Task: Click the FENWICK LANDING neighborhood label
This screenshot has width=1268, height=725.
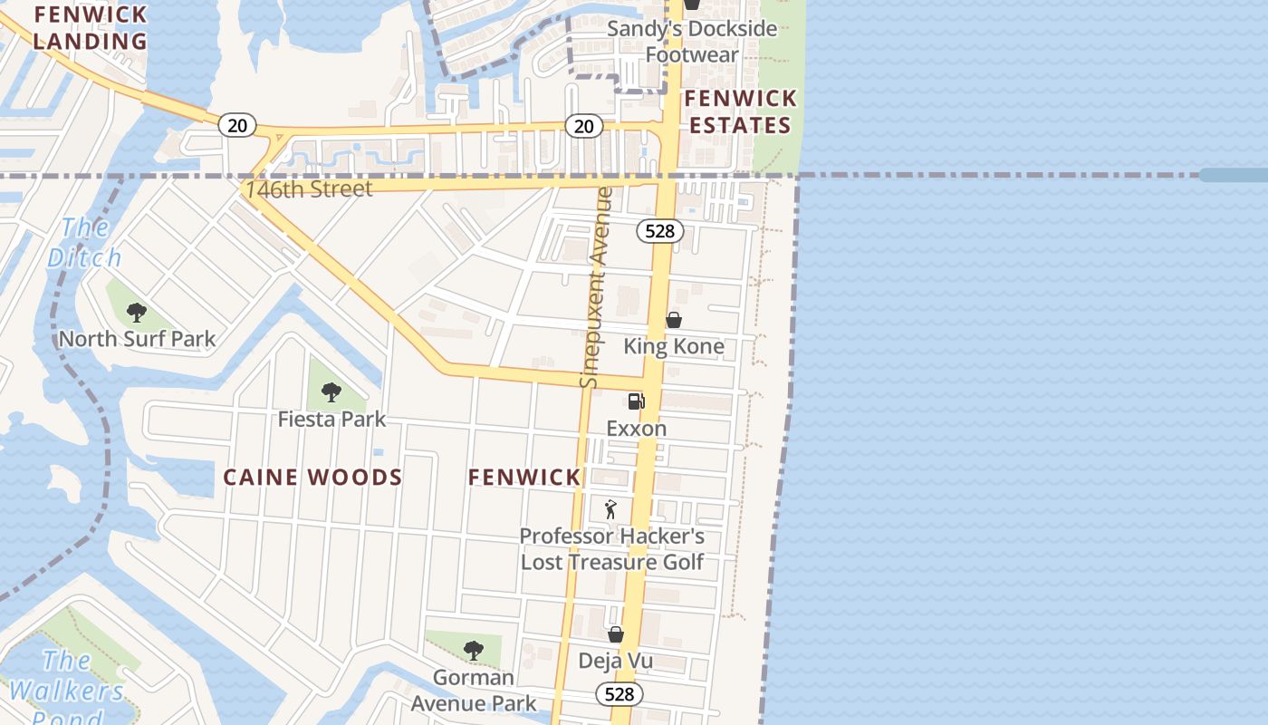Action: click(90, 27)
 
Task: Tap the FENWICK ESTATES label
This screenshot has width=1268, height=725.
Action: click(740, 111)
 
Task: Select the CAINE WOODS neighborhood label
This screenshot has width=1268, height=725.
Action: click(312, 478)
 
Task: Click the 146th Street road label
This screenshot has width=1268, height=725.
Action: click(308, 189)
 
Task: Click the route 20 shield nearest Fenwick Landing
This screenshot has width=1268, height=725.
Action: click(237, 125)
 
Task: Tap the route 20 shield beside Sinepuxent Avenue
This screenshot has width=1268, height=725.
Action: click(584, 126)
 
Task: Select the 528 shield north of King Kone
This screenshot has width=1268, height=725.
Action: click(659, 231)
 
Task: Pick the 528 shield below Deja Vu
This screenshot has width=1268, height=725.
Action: click(620, 694)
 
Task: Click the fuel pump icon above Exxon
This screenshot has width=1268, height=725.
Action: click(637, 401)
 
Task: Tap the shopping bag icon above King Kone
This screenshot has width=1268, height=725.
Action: click(674, 320)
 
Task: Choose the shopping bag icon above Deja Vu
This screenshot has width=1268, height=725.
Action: click(616, 634)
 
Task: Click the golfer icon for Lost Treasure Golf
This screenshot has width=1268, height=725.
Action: click(611, 509)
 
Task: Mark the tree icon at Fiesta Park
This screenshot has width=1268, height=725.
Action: click(331, 392)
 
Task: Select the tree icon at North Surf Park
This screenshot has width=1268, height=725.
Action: click(137, 313)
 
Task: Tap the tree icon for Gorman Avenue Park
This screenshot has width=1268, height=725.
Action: click(473, 650)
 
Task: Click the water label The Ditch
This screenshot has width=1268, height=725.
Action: click(84, 242)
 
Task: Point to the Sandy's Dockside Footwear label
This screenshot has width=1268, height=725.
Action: click(692, 42)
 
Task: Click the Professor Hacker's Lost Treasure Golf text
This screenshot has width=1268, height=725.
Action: click(612, 549)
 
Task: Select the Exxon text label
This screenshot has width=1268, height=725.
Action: click(637, 429)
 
